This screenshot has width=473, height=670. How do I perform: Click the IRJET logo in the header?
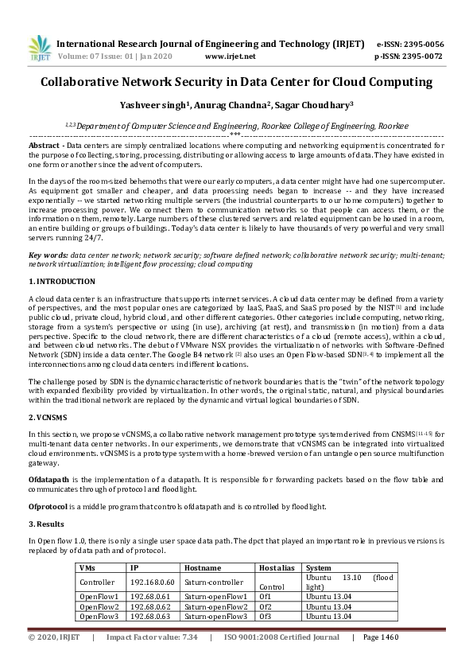(38, 49)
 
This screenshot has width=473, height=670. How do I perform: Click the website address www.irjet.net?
(230, 56)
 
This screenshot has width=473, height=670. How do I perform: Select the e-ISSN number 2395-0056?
(421, 44)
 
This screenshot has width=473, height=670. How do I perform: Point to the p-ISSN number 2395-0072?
(421, 56)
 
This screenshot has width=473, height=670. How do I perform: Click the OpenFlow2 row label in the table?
(98, 606)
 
